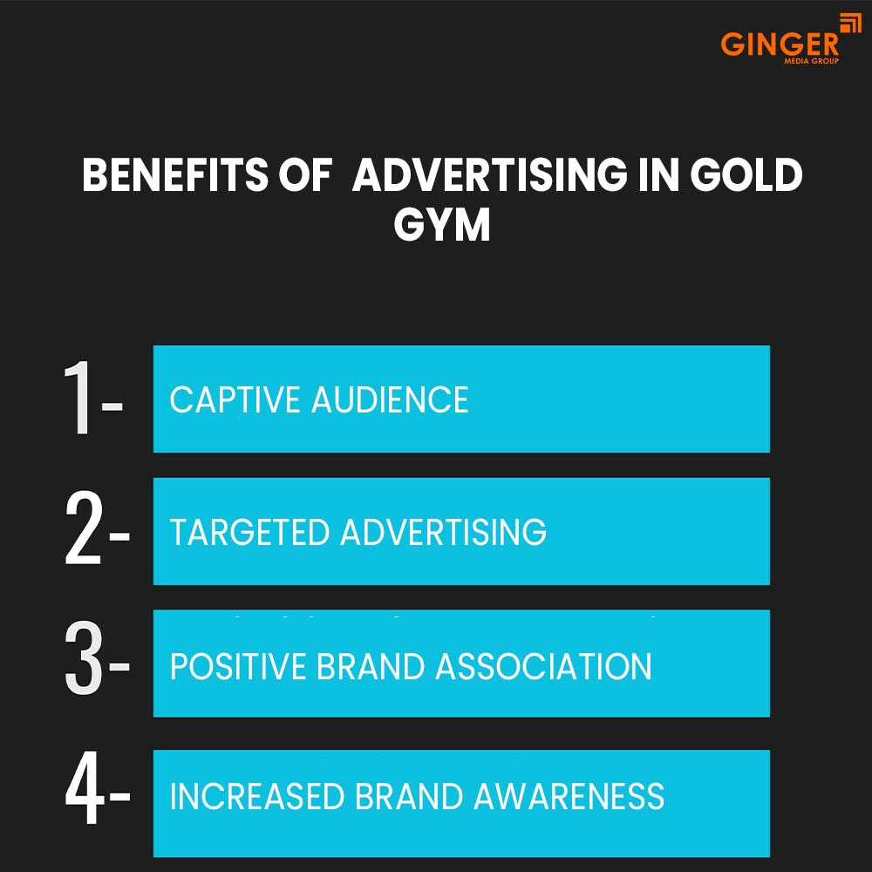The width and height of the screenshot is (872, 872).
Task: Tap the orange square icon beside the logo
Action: [850, 24]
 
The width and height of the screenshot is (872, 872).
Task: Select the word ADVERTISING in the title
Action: [489, 176]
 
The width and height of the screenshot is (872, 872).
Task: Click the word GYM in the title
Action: [441, 225]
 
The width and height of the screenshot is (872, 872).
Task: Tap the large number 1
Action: [80, 399]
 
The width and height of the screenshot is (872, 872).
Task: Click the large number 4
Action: [85, 796]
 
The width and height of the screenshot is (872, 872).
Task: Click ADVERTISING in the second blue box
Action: [443, 532]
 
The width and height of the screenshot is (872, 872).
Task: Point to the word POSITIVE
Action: [237, 666]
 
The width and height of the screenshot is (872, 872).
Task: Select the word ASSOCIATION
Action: [543, 666]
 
